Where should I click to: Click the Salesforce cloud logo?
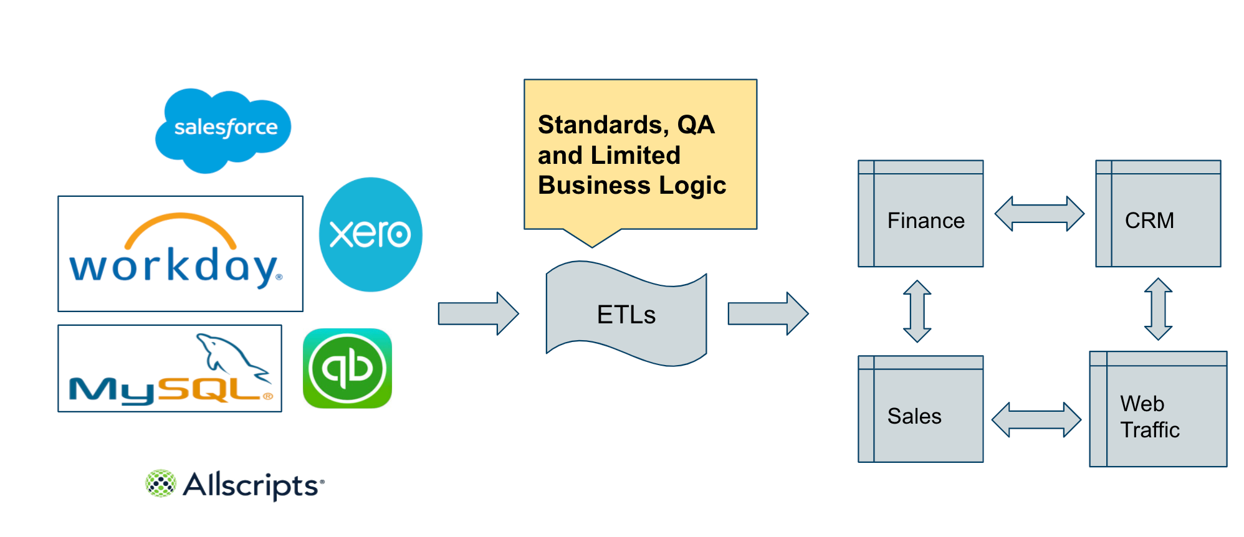(x=223, y=129)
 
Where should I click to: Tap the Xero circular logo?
(x=370, y=235)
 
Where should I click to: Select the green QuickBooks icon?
(x=347, y=368)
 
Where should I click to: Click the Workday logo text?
(x=175, y=267)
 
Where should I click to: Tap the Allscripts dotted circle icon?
(x=161, y=483)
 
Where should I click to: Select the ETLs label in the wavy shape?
(x=626, y=315)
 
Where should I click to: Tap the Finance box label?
(x=926, y=221)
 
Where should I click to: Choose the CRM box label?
(x=1149, y=221)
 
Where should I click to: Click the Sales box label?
(x=914, y=416)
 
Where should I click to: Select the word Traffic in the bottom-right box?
(x=1150, y=430)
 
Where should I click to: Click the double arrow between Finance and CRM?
(x=1039, y=214)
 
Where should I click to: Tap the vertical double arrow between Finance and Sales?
(x=917, y=311)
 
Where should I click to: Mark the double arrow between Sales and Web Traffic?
(x=1036, y=419)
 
